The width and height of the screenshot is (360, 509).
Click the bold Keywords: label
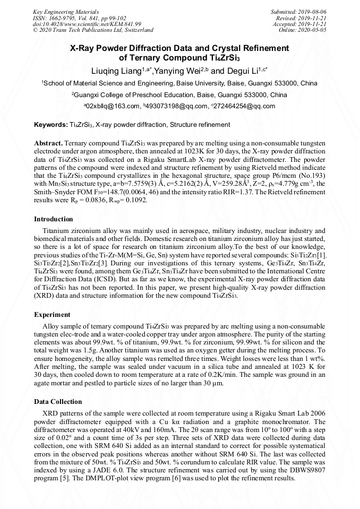(50, 125)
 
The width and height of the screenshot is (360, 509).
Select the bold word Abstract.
(48, 143)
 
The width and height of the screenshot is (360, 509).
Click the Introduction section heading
(54, 219)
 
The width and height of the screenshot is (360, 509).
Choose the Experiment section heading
(53, 315)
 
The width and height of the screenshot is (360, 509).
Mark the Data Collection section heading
(58, 402)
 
